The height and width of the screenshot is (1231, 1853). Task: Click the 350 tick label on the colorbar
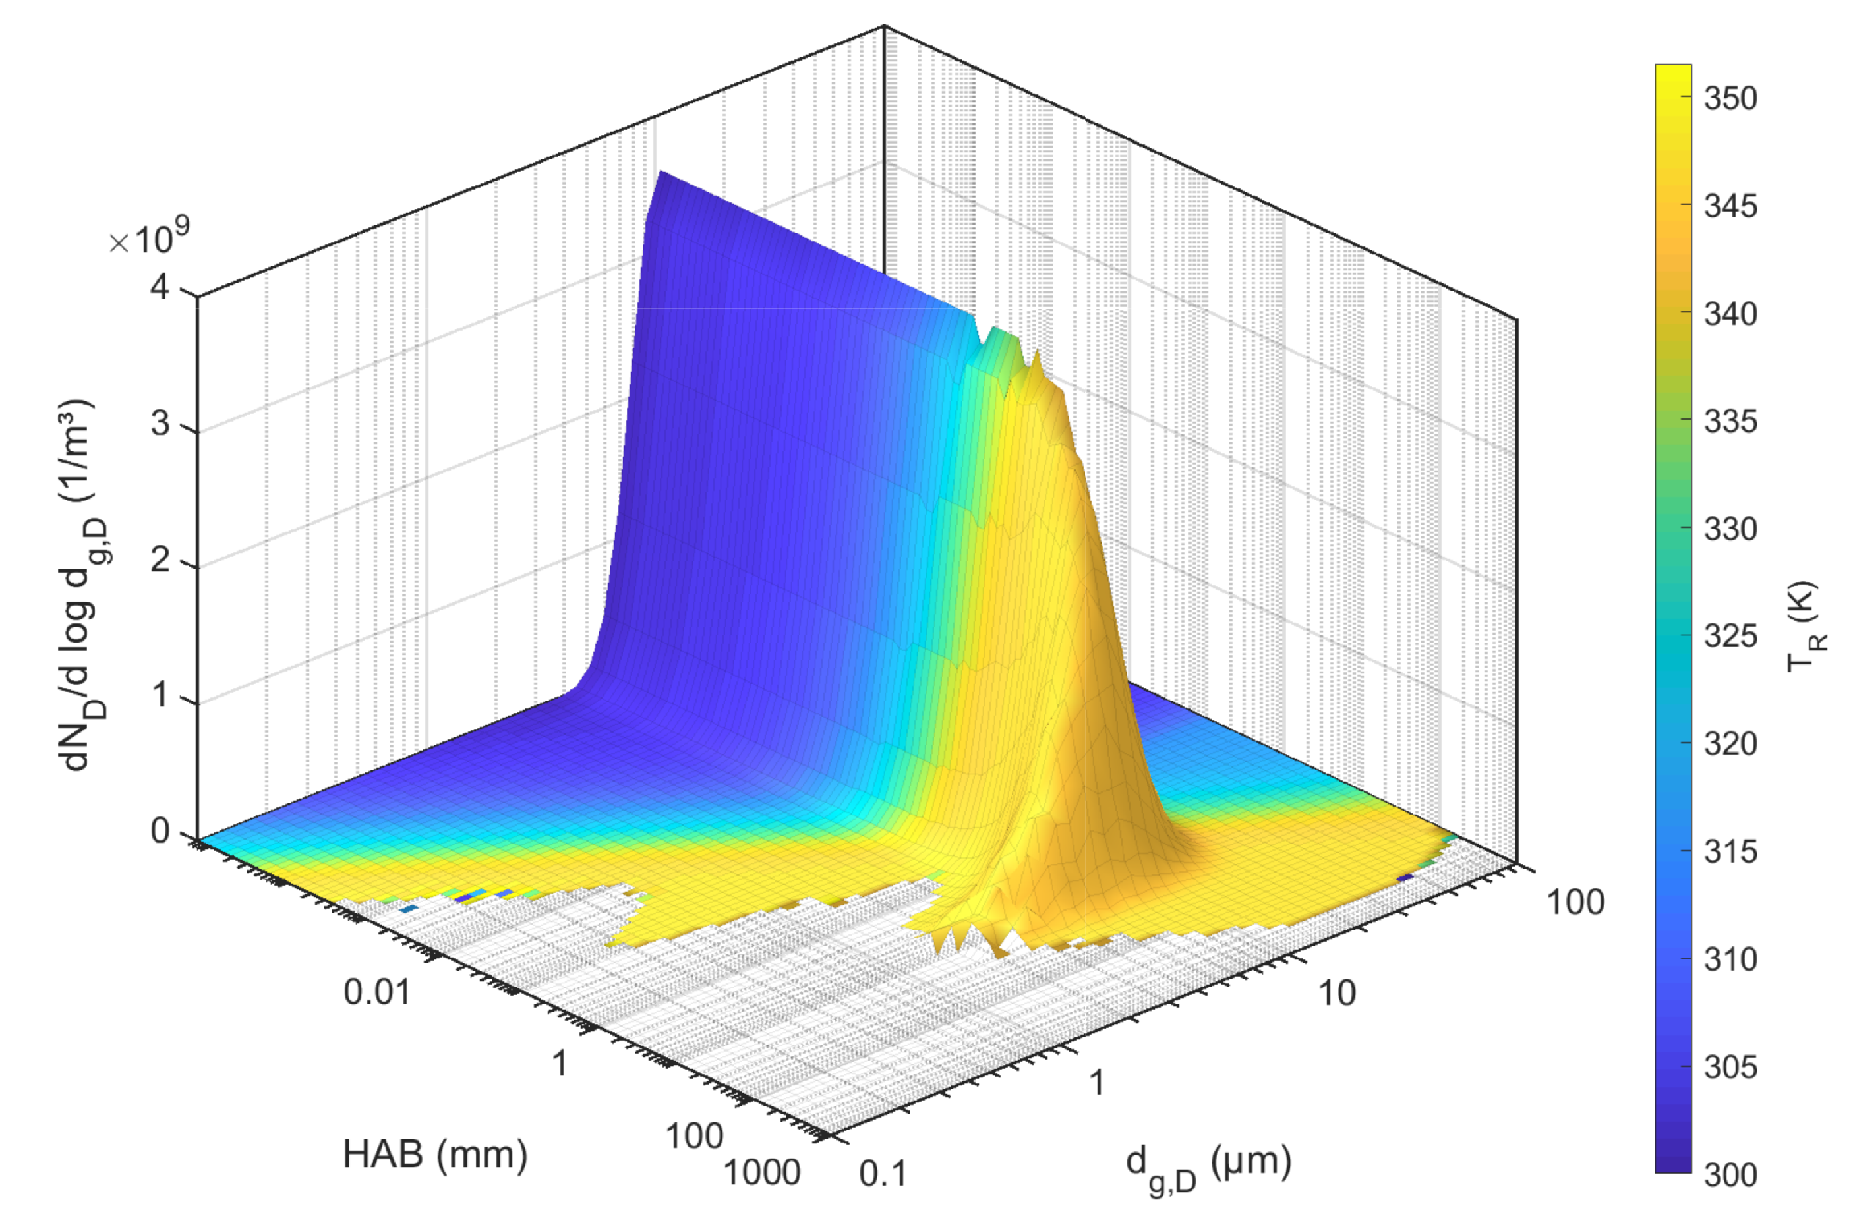pyautogui.click(x=1730, y=99)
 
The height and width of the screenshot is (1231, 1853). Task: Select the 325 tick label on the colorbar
pyautogui.click(x=1730, y=636)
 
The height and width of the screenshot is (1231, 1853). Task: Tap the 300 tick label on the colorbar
pyautogui.click(x=1730, y=1174)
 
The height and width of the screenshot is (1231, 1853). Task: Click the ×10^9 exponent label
pyautogui.click(x=149, y=239)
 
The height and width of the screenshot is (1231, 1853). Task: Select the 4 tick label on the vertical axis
pyautogui.click(x=160, y=287)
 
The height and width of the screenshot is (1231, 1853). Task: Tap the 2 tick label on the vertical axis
pyautogui.click(x=160, y=561)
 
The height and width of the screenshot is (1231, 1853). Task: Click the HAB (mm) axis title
pyautogui.click(x=435, y=1154)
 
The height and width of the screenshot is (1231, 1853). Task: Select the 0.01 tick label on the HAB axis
pyautogui.click(x=377, y=992)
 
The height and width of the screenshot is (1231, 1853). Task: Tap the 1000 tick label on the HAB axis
pyautogui.click(x=761, y=1173)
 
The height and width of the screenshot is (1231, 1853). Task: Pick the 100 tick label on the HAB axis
pyautogui.click(x=694, y=1136)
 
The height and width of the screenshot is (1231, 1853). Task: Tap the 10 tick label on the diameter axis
pyautogui.click(x=1336, y=994)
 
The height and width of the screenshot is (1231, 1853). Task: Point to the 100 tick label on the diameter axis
pyautogui.click(x=1575, y=903)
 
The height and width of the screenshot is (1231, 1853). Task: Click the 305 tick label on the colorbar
pyautogui.click(x=1730, y=1067)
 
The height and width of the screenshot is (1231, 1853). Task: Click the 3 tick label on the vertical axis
pyautogui.click(x=160, y=424)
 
